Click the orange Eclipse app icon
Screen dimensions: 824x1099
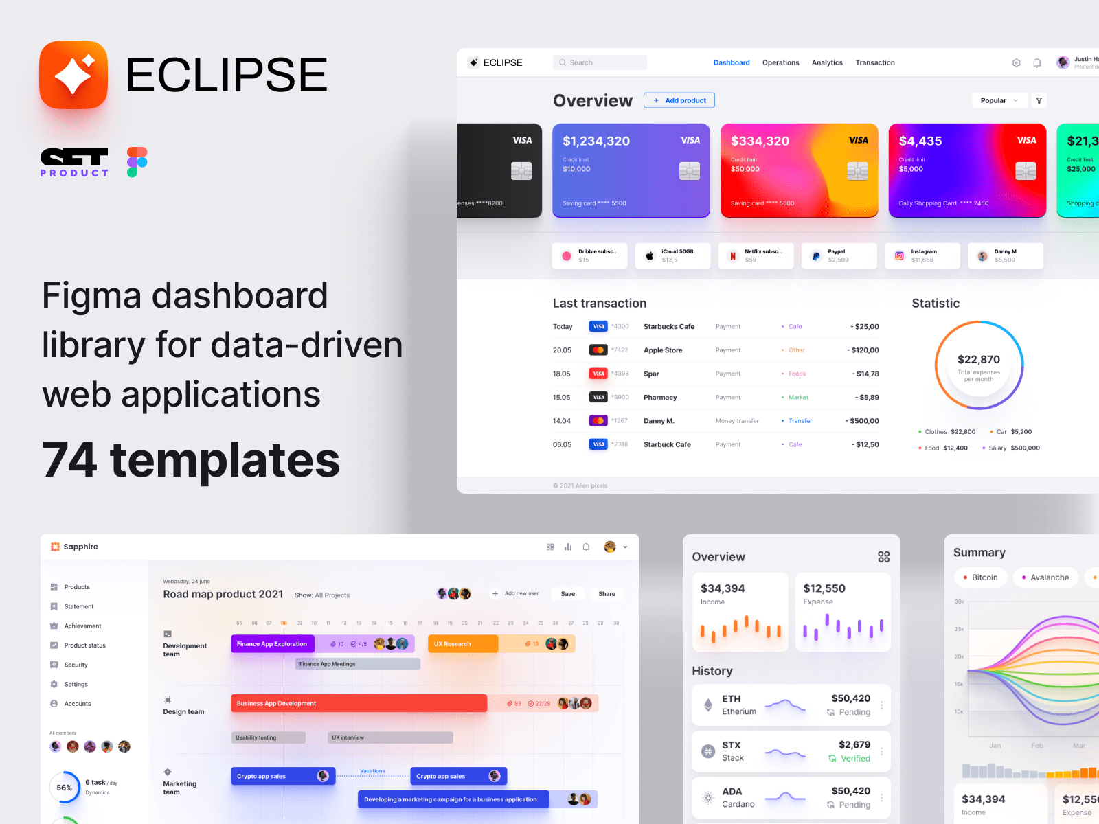click(x=73, y=75)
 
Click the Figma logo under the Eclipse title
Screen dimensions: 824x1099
click(x=137, y=162)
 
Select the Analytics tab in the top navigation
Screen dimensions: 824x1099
click(x=827, y=62)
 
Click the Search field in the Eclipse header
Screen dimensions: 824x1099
click(x=600, y=62)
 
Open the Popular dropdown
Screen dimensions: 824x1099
click(x=999, y=100)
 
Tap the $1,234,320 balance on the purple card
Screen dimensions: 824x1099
click(x=596, y=141)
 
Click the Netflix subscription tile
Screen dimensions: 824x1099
click(x=756, y=256)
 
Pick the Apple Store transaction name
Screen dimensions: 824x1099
click(x=663, y=350)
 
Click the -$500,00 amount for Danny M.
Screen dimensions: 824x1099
click(x=863, y=421)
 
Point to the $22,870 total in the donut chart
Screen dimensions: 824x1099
click(x=979, y=359)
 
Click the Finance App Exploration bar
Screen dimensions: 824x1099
click(x=273, y=644)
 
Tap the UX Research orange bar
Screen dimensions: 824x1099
click(x=463, y=644)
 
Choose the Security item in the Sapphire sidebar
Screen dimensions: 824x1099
click(x=76, y=665)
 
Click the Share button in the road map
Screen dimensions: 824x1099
click(x=607, y=594)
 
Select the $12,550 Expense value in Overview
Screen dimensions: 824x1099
click(x=824, y=588)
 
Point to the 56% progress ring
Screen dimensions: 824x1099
click(x=65, y=788)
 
